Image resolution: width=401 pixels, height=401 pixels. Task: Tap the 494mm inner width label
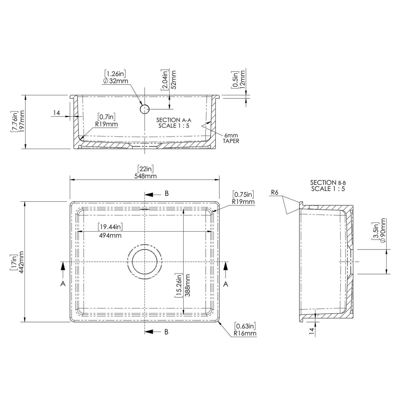point(110,235)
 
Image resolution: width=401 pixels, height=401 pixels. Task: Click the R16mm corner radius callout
point(245,333)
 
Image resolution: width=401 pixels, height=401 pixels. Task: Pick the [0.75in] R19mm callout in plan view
point(243,198)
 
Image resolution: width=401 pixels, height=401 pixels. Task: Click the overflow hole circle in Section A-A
point(145,109)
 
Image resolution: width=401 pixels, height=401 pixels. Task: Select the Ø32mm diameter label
point(115,81)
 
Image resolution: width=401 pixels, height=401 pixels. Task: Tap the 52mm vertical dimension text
point(173,80)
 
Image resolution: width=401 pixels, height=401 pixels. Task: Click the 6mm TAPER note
point(231,138)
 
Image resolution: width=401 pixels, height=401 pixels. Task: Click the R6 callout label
point(275,192)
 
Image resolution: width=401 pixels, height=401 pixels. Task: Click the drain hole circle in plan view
point(145,262)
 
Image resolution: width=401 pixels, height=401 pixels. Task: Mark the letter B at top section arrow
point(167,193)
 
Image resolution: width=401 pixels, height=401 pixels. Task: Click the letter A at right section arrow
point(226,284)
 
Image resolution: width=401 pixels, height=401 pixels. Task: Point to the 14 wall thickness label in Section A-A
point(56,113)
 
